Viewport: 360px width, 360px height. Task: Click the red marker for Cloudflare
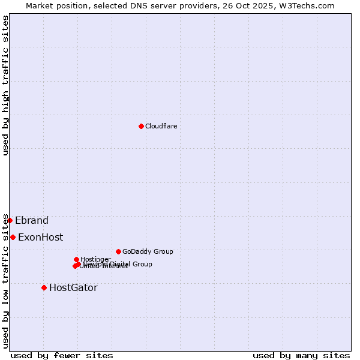click(141, 126)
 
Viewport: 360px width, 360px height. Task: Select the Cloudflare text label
click(161, 126)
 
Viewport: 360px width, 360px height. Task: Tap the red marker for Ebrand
click(10, 220)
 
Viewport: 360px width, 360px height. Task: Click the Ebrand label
click(32, 220)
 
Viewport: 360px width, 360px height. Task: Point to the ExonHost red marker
click(13, 237)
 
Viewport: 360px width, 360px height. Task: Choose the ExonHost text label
click(40, 237)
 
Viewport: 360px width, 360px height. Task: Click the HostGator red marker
click(44, 287)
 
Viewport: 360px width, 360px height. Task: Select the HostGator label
click(73, 287)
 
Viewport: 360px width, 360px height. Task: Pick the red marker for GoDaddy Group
click(118, 251)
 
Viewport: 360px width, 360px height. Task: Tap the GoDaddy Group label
click(148, 251)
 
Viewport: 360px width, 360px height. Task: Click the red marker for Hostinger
click(76, 259)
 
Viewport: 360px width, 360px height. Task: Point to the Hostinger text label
click(95, 259)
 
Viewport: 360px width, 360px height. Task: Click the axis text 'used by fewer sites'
click(62, 355)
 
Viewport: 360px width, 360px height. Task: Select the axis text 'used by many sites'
click(301, 355)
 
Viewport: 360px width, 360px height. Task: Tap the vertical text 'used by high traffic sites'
click(5, 86)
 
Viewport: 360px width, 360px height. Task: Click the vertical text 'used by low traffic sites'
click(5, 281)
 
